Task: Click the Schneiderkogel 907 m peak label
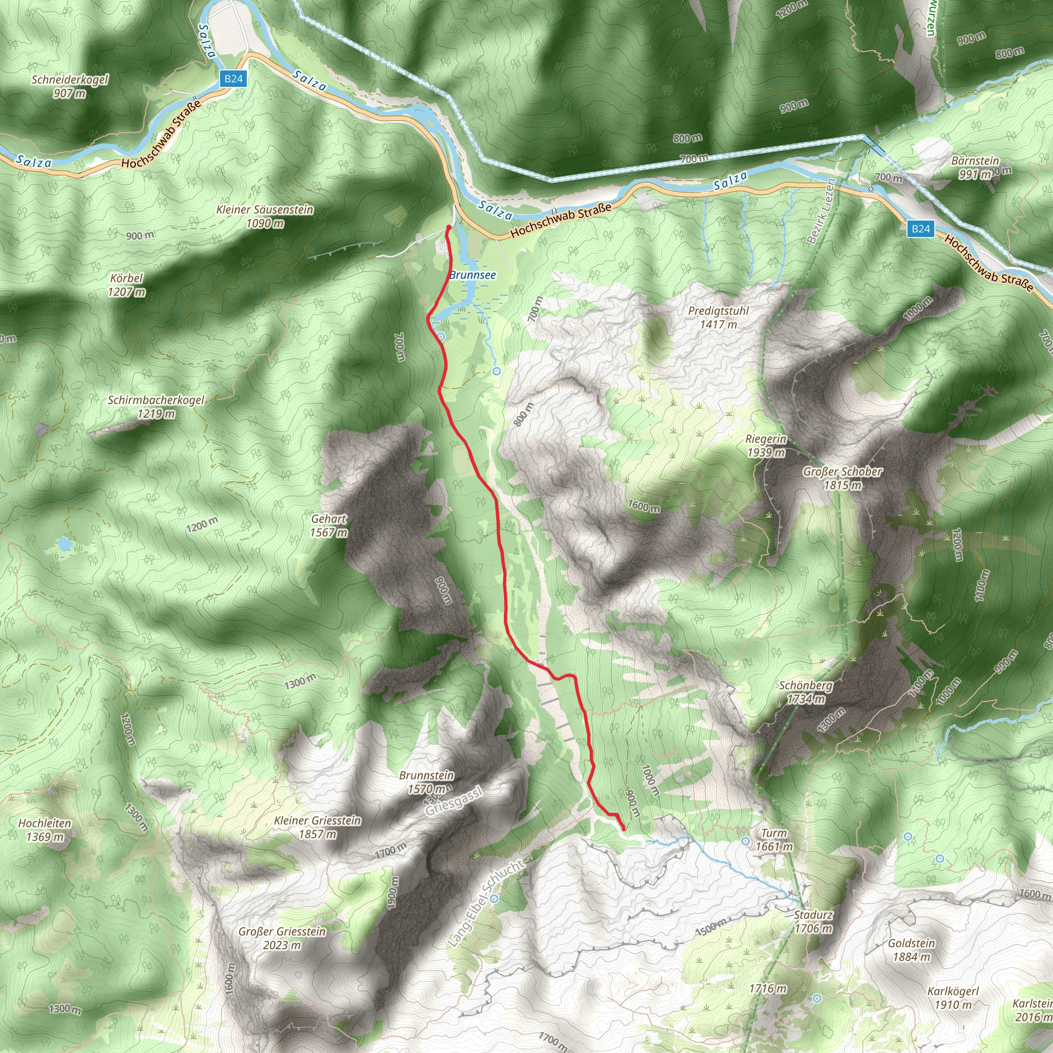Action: tap(70, 86)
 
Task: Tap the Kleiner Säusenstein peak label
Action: tap(265, 216)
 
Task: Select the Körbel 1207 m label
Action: tap(126, 285)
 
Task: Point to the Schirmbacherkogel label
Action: tap(156, 407)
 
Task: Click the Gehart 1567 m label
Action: tap(329, 525)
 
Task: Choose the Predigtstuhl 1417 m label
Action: tap(718, 317)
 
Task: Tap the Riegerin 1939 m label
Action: tap(766, 445)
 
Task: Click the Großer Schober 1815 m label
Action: tap(842, 478)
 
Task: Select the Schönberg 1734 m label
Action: tap(806, 692)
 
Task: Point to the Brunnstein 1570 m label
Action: tap(426, 782)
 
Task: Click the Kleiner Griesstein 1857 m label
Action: tap(317, 827)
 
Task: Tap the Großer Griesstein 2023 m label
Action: tap(282, 938)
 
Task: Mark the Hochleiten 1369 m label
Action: tap(45, 829)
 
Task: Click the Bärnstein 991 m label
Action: tap(975, 167)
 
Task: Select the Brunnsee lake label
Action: tap(473, 275)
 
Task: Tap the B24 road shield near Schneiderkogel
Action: tap(233, 79)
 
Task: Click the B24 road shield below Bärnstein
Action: tap(920, 228)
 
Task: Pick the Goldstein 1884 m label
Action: tap(911, 950)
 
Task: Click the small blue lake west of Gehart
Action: tap(65, 544)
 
